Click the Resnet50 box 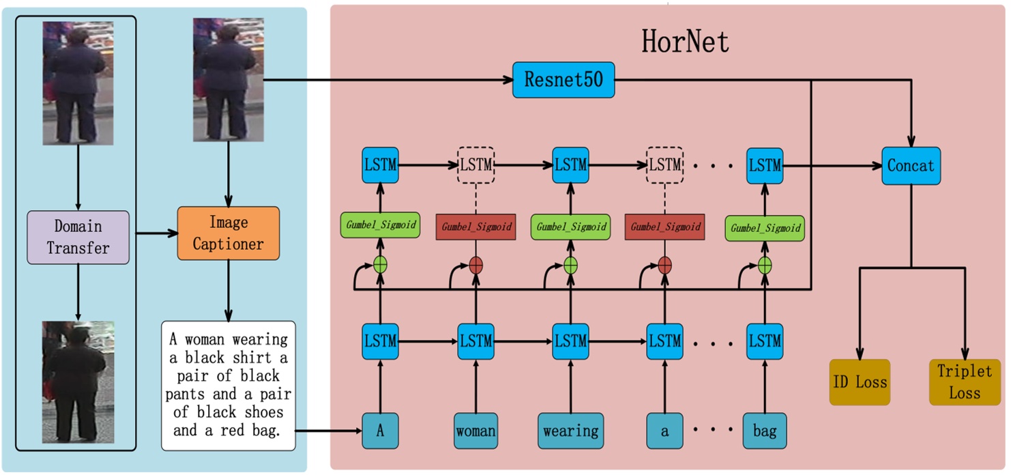point(553,79)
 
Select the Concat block point(911,165)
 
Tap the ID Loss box point(860,382)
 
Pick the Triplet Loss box point(965,382)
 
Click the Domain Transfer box point(78,237)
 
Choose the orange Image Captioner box point(228,233)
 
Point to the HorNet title point(684,42)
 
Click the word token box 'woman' point(475,431)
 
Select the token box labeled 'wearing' point(570,431)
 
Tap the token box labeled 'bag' point(764,431)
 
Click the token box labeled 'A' point(379,431)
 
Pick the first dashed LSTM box point(475,164)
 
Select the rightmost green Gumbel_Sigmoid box point(765,228)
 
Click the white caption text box point(228,386)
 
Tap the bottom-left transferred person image point(78,381)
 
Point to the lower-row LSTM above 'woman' point(475,339)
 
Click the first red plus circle point(475,265)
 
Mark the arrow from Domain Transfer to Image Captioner point(153,234)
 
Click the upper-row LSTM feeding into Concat point(764,164)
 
